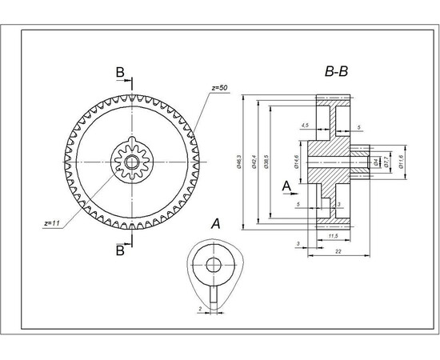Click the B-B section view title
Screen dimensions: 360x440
[x=335, y=73]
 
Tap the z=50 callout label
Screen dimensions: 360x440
[x=221, y=86]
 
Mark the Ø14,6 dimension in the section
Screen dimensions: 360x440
[x=295, y=162]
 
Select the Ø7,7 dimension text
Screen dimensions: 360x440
[x=387, y=162]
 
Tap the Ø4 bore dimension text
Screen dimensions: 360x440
[x=376, y=162]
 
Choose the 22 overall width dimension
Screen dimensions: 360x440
[x=339, y=252]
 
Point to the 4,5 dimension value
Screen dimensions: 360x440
[x=305, y=126]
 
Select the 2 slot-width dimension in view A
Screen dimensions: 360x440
[x=200, y=307]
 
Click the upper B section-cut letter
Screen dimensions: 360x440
[x=119, y=73]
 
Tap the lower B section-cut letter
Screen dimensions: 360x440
[x=119, y=250]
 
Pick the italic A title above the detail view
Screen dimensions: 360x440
[x=215, y=225]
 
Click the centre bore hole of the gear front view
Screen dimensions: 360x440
[x=131, y=161]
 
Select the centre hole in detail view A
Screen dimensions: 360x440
[x=214, y=266]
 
